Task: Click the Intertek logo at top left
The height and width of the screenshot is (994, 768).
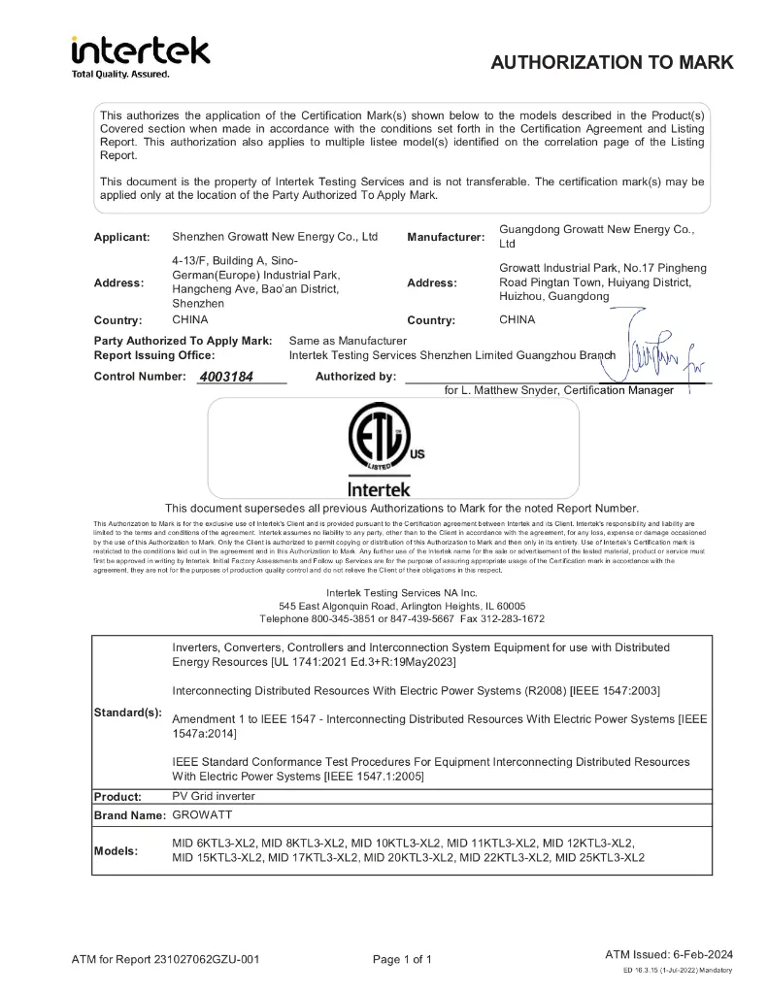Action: coord(140,50)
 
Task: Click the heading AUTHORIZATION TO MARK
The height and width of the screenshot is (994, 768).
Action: coord(612,63)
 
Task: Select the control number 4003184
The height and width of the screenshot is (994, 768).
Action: coord(226,377)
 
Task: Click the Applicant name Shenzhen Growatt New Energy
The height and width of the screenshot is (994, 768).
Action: coord(275,237)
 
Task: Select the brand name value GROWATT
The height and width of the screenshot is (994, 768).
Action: coord(202,815)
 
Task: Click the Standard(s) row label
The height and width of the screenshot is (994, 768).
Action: coord(127,712)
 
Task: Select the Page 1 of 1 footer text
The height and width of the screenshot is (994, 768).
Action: coord(402,960)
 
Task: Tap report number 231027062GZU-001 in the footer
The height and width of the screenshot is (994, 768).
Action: coord(206,960)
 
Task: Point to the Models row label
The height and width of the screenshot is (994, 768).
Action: coord(116,851)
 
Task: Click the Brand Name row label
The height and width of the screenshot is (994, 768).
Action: coord(130,816)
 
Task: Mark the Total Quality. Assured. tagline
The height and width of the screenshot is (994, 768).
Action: coord(120,75)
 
